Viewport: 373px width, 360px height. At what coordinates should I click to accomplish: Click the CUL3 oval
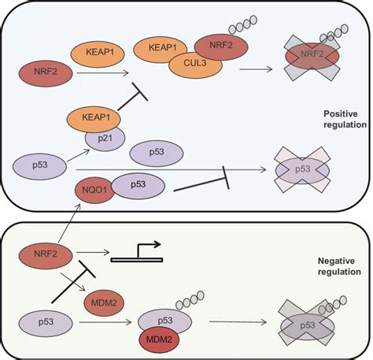[x=195, y=64]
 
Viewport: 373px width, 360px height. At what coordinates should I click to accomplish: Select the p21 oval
[x=105, y=139]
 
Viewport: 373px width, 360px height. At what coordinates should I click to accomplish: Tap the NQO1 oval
[x=94, y=190]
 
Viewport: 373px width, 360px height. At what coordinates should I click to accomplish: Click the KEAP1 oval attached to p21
[x=94, y=119]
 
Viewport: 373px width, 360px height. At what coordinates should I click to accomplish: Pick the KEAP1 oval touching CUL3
[x=160, y=50]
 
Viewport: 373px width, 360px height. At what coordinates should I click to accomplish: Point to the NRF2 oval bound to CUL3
[x=221, y=47]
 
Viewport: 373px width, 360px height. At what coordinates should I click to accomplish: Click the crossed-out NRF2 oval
[x=312, y=56]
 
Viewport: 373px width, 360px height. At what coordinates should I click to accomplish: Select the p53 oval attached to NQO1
[x=138, y=186]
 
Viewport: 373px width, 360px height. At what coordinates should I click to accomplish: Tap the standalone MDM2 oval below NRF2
[x=104, y=303]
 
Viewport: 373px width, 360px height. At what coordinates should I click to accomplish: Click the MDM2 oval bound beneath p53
[x=159, y=340]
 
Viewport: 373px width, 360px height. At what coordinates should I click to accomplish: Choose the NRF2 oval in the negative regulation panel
[x=46, y=255]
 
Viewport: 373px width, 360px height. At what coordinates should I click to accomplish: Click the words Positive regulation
[x=345, y=119]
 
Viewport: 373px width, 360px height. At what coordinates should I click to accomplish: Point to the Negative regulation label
[x=339, y=266]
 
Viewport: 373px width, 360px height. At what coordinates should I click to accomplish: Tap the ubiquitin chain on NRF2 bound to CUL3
[x=243, y=25]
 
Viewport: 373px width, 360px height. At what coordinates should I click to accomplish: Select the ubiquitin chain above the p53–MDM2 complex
[x=190, y=300]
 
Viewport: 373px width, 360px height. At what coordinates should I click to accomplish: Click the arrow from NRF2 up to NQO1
[x=68, y=224]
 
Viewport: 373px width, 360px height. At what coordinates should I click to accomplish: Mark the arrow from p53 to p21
[x=79, y=155]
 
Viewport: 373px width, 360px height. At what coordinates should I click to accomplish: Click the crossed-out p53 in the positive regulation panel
[x=302, y=170]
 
